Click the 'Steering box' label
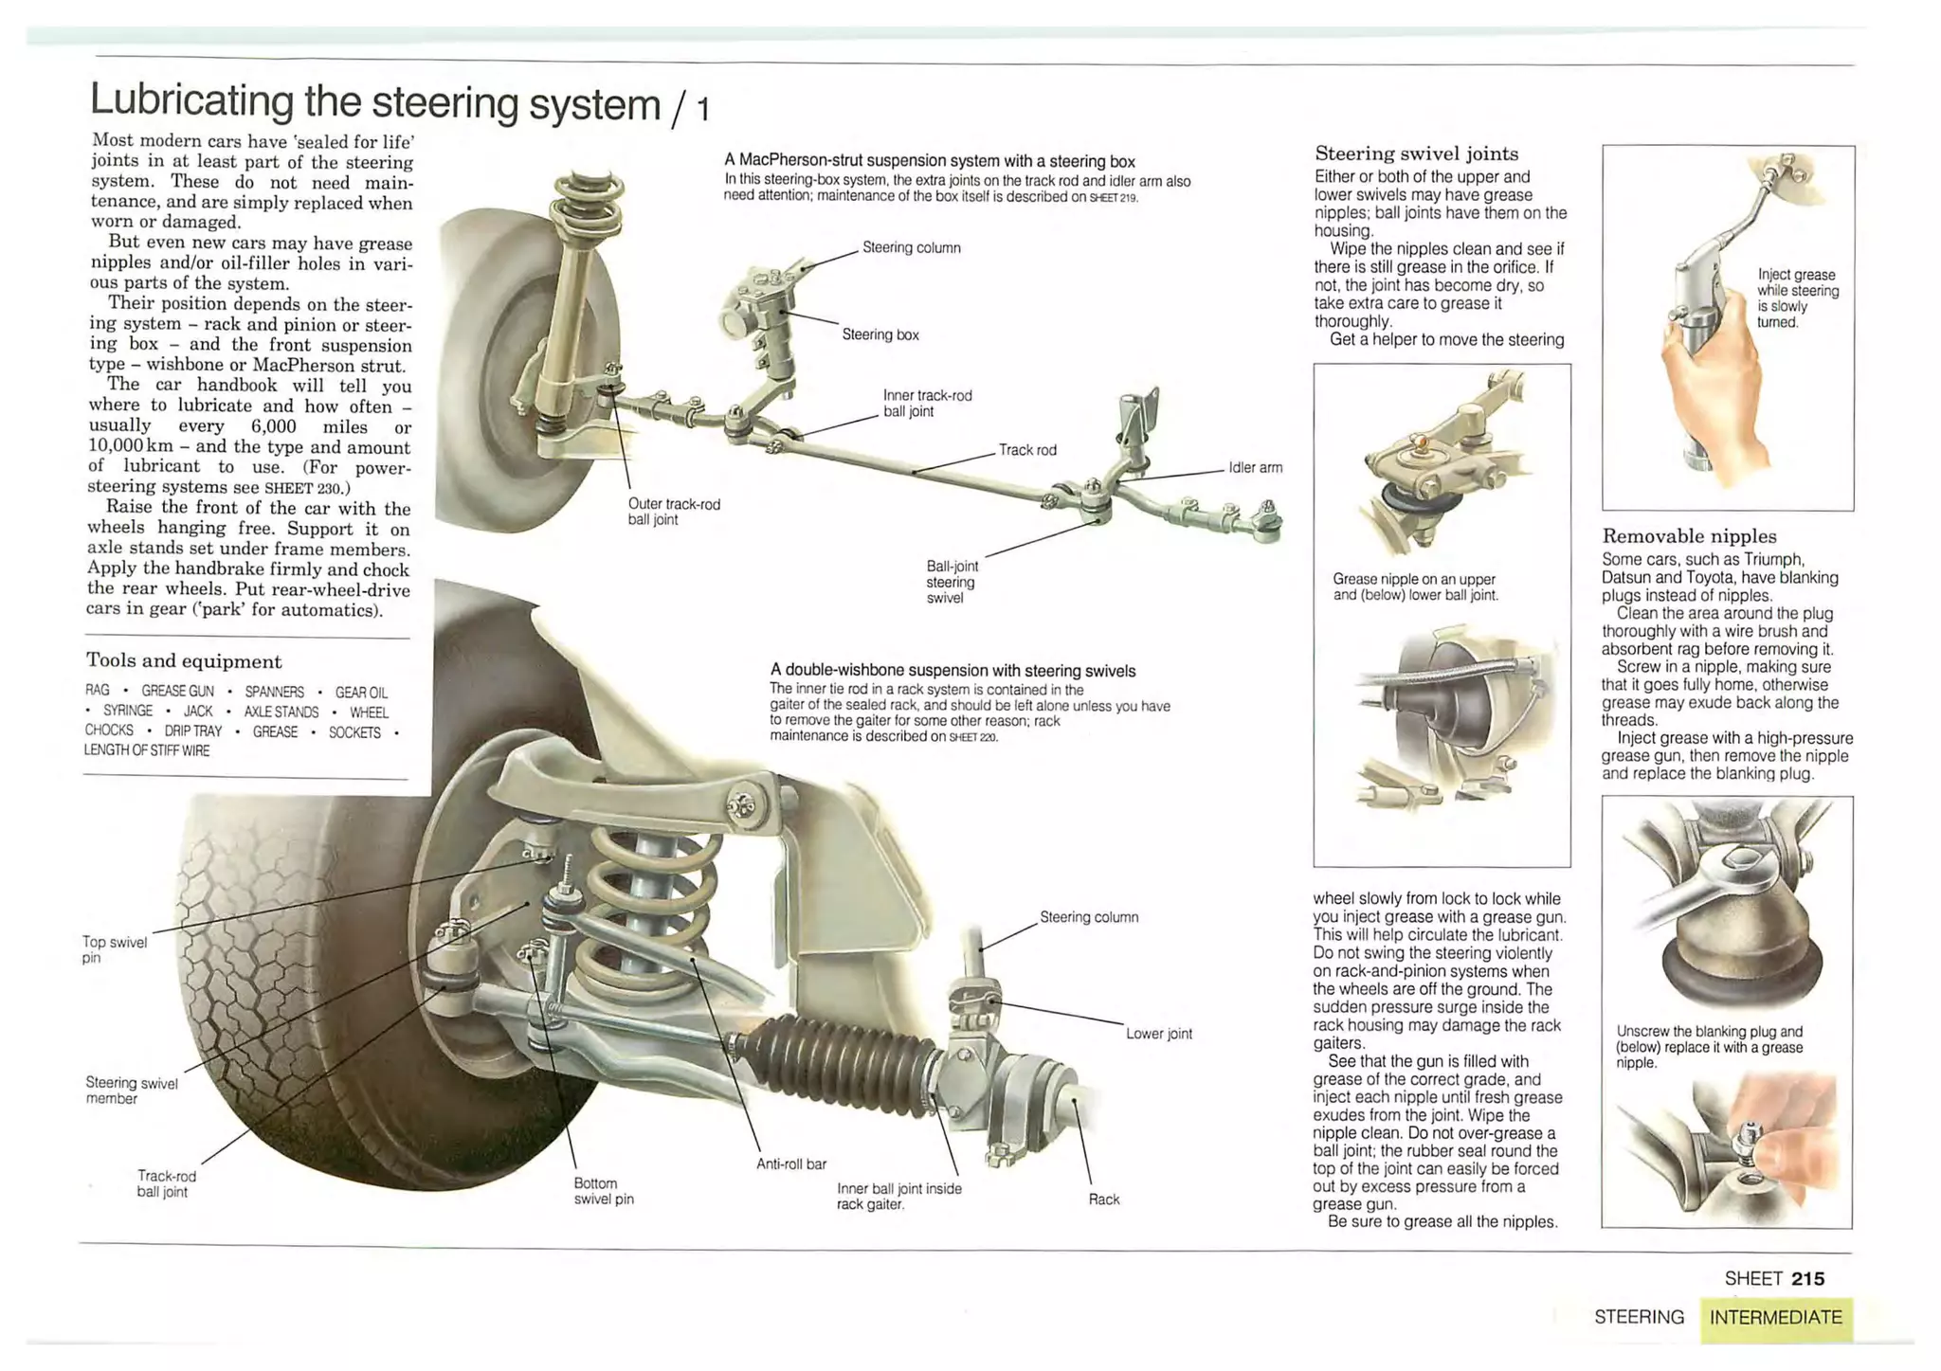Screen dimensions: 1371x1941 tap(880, 334)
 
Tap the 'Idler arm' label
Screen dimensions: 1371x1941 tap(1255, 467)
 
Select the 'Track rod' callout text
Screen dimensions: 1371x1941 tap(1027, 450)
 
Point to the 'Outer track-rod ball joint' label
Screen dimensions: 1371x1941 tap(673, 512)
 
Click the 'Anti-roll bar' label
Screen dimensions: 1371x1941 tap(790, 1164)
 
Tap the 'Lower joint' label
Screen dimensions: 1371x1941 tap(1158, 1034)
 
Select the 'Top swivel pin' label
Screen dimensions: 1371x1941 tap(114, 949)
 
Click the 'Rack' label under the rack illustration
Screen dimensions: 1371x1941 tap(1103, 1200)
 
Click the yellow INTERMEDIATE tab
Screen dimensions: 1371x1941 tap(1775, 1317)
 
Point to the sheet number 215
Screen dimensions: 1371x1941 tap(1807, 1279)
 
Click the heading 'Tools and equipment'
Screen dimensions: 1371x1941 tap(184, 661)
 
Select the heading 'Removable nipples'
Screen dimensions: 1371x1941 tap(1689, 536)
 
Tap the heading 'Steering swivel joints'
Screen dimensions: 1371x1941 tap(1416, 153)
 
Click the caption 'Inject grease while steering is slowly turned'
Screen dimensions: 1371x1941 tap(1797, 298)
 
